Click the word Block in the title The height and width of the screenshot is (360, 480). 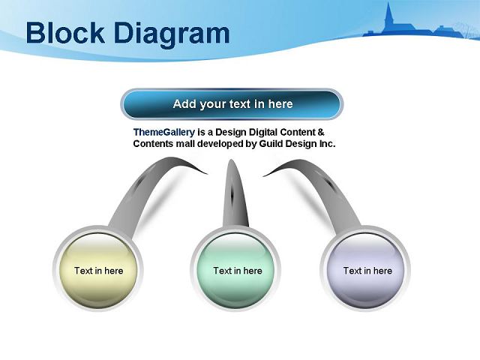click(65, 32)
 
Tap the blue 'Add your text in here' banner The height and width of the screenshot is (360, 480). click(232, 104)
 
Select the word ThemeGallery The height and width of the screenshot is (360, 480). click(164, 132)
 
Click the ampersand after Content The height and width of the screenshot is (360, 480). click(320, 132)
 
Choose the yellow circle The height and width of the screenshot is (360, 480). click(98, 269)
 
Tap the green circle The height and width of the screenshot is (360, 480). click(235, 269)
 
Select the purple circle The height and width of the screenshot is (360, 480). click(365, 269)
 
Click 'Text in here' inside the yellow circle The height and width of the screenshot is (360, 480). click(98, 271)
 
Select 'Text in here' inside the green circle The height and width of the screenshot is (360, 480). click(238, 271)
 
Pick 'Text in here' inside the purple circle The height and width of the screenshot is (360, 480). click(367, 271)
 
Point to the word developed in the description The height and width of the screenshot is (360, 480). click(220, 144)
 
